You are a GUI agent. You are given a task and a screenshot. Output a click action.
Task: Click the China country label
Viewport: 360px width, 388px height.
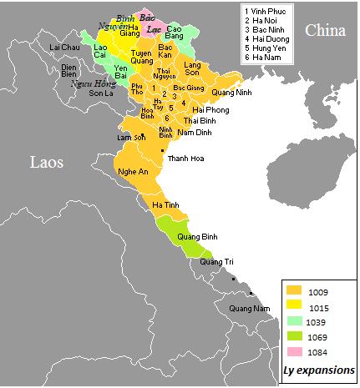pos(326,30)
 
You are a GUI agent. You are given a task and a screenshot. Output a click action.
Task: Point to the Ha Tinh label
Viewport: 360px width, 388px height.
pos(165,204)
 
